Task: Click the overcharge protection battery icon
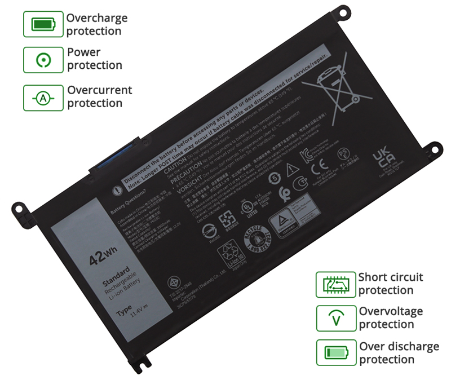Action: click(x=43, y=24)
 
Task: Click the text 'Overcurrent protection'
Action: click(x=99, y=96)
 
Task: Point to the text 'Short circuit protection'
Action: click(x=390, y=284)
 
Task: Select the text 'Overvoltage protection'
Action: click(x=391, y=317)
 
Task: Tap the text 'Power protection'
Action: click(x=94, y=59)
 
